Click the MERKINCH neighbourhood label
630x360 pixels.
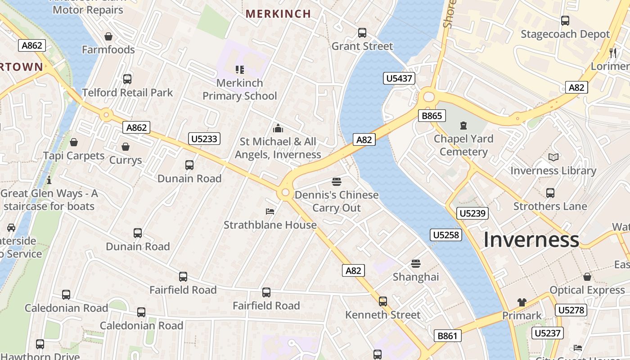(278, 13)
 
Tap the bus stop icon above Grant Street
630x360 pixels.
(362, 33)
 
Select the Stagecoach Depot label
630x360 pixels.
(565, 34)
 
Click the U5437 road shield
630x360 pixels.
(399, 78)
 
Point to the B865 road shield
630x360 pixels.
(432, 116)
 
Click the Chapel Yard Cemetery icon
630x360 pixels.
(463, 126)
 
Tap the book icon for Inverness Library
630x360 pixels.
(553, 157)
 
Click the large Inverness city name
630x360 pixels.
(531, 239)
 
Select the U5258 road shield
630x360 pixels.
(446, 234)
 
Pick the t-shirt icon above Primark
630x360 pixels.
(522, 302)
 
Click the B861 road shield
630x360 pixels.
(448, 336)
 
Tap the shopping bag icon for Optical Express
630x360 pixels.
(587, 277)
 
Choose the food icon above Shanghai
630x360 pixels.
(415, 263)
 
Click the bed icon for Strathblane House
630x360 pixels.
(270, 211)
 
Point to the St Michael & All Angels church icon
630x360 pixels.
(278, 128)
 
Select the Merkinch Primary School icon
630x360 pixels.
(240, 70)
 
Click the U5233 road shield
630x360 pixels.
(204, 139)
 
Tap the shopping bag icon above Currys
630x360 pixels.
(126, 147)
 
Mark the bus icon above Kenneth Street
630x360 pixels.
(382, 301)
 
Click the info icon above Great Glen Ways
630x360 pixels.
(49, 180)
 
